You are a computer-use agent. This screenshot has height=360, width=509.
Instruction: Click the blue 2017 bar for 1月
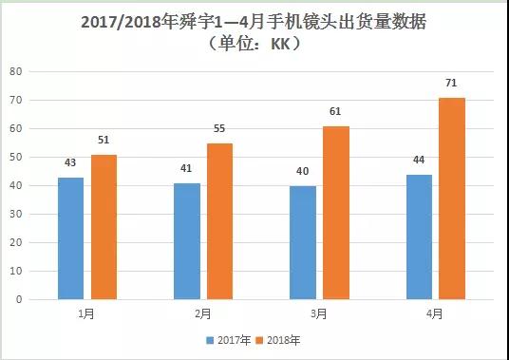click(x=70, y=238)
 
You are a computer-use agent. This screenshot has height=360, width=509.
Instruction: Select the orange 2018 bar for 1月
click(x=103, y=227)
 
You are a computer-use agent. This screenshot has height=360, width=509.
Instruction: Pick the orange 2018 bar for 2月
click(x=218, y=221)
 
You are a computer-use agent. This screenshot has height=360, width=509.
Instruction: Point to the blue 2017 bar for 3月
click(x=303, y=242)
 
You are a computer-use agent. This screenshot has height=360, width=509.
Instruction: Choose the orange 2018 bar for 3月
click(x=335, y=213)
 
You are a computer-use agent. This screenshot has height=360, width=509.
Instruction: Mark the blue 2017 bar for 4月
click(x=419, y=237)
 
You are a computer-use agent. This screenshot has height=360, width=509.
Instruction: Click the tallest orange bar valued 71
click(x=451, y=199)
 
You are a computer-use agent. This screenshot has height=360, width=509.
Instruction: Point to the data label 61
click(x=335, y=109)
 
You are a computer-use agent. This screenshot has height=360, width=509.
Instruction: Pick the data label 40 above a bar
click(x=303, y=169)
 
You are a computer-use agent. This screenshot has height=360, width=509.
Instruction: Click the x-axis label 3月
click(x=319, y=313)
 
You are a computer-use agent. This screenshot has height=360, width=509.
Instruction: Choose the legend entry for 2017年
click(x=226, y=339)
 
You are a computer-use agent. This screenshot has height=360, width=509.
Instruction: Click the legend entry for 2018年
click(x=281, y=339)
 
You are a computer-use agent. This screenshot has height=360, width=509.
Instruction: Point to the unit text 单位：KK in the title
click(x=254, y=44)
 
